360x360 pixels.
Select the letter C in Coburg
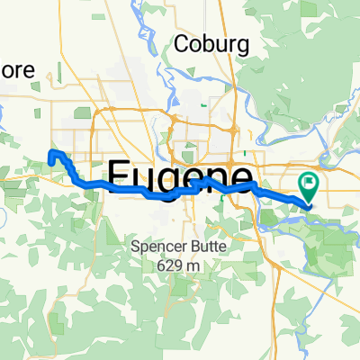(181, 43)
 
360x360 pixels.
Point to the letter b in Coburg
(208, 42)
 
